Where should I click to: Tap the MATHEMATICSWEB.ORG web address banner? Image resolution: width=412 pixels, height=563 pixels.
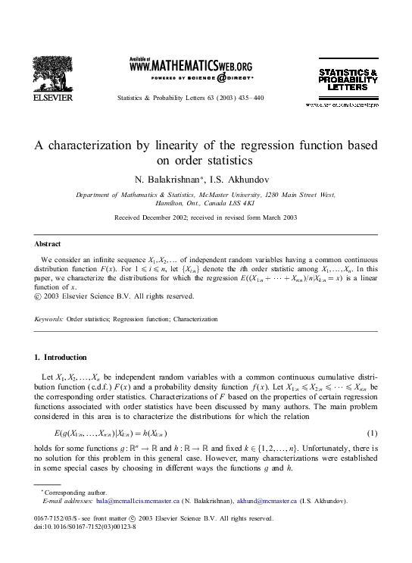click(x=192, y=66)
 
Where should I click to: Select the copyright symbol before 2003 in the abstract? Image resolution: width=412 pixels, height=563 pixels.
click(x=39, y=296)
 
